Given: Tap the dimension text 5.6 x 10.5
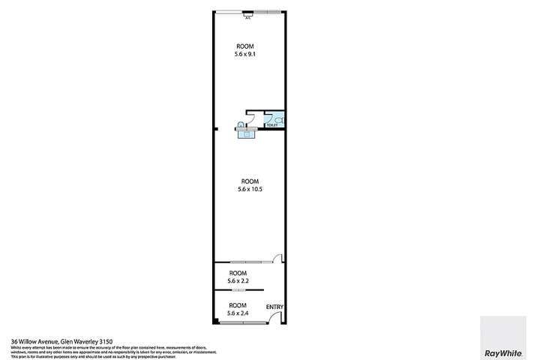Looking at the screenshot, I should [250, 189].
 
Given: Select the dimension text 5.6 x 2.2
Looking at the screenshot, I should [238, 280].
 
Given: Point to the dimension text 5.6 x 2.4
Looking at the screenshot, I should [238, 313].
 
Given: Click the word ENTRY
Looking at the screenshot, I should [274, 306].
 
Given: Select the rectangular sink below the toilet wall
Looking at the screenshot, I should [247, 133].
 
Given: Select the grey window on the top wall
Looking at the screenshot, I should [268, 11].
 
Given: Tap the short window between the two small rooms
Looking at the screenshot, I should [238, 289].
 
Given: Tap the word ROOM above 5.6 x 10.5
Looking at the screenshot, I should [250, 181].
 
